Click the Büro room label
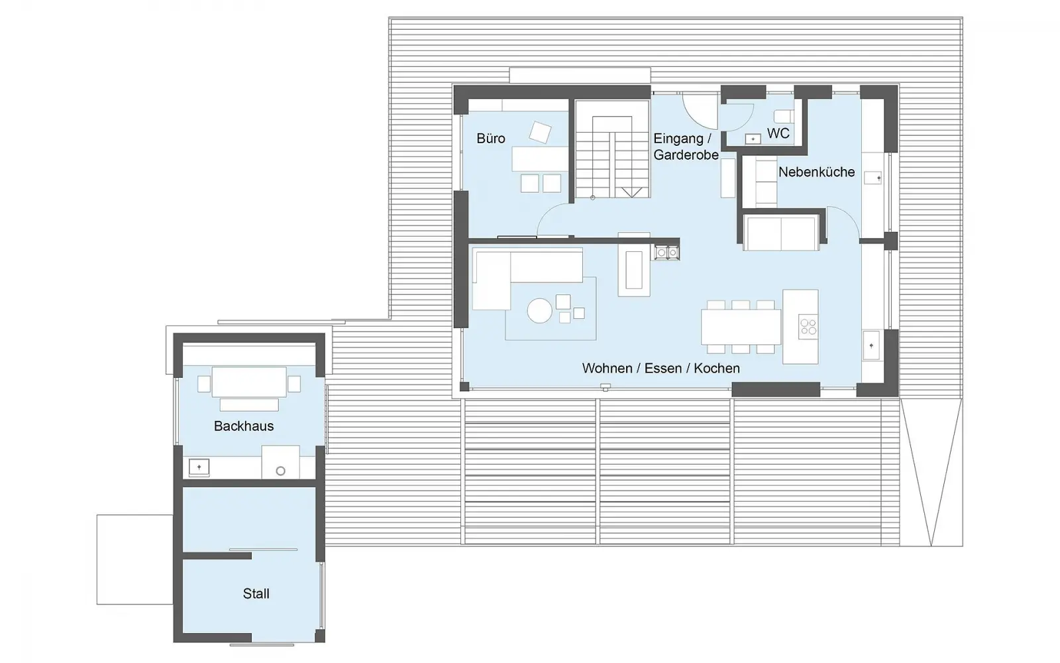click(x=491, y=139)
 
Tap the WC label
click(x=778, y=133)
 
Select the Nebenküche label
click(x=816, y=172)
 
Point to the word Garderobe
click(x=686, y=155)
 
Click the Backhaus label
click(x=244, y=426)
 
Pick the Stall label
click(x=256, y=593)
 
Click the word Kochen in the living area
click(x=716, y=368)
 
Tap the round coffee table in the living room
click(x=539, y=311)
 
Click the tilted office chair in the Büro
click(x=540, y=132)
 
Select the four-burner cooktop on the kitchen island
click(x=808, y=327)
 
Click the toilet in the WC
click(x=783, y=117)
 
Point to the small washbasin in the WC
click(x=753, y=139)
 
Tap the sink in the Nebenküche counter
click(x=873, y=178)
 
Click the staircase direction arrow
click(x=632, y=192)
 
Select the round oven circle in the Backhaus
click(x=281, y=471)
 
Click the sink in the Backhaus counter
click(x=199, y=467)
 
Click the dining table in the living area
click(x=741, y=327)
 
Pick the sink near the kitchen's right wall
click(x=871, y=345)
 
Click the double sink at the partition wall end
click(x=667, y=253)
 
